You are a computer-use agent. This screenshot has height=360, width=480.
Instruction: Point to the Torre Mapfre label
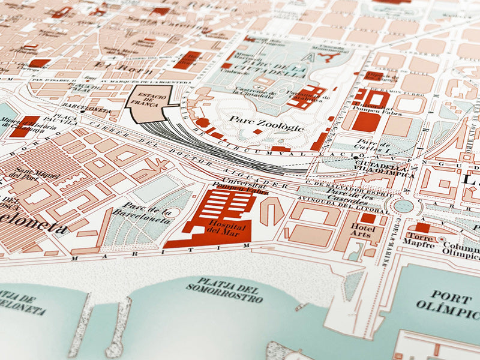(421, 241)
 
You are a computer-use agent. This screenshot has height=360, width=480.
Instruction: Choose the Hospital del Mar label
(220, 226)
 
